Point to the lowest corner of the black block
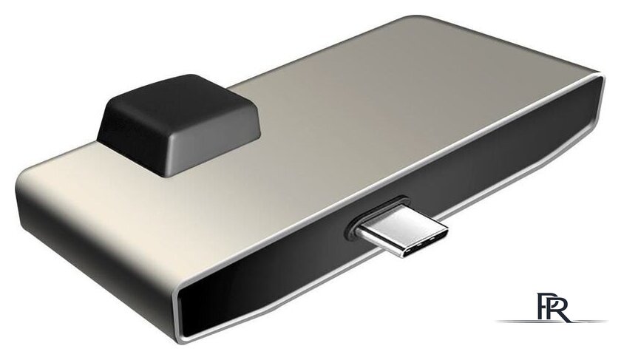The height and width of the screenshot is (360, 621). [164, 174]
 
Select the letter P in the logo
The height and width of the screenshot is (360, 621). [543, 306]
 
